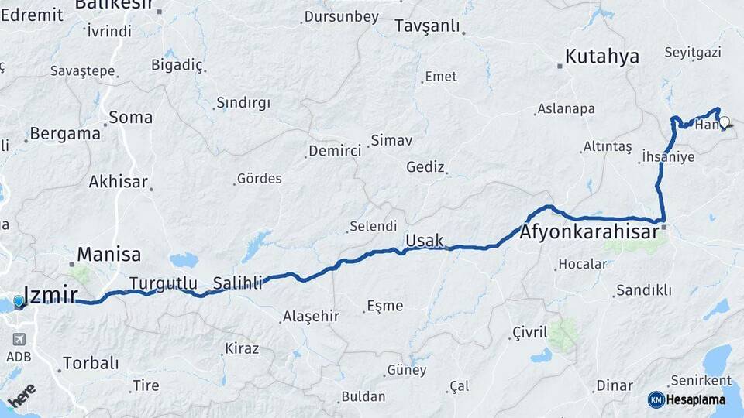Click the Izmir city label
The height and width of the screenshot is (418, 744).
(51, 295)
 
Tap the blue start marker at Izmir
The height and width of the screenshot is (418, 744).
(19, 301)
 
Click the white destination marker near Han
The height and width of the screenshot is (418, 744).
(725, 122)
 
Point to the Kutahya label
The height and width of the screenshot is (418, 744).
(602, 57)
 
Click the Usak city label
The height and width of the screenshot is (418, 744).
(425, 241)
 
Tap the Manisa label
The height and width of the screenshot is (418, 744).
(109, 255)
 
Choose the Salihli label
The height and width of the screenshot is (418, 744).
(239, 283)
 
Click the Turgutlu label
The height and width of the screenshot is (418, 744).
(164, 283)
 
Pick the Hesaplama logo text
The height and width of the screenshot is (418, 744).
(697, 399)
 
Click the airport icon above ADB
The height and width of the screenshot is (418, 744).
(19, 339)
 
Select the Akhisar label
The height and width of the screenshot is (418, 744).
(118, 182)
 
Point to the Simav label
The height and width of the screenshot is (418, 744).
(391, 141)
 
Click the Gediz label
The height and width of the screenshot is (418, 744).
(425, 167)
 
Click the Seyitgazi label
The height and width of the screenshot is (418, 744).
(693, 53)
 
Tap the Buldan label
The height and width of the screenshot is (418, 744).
(363, 396)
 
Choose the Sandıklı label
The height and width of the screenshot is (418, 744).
(643, 291)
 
